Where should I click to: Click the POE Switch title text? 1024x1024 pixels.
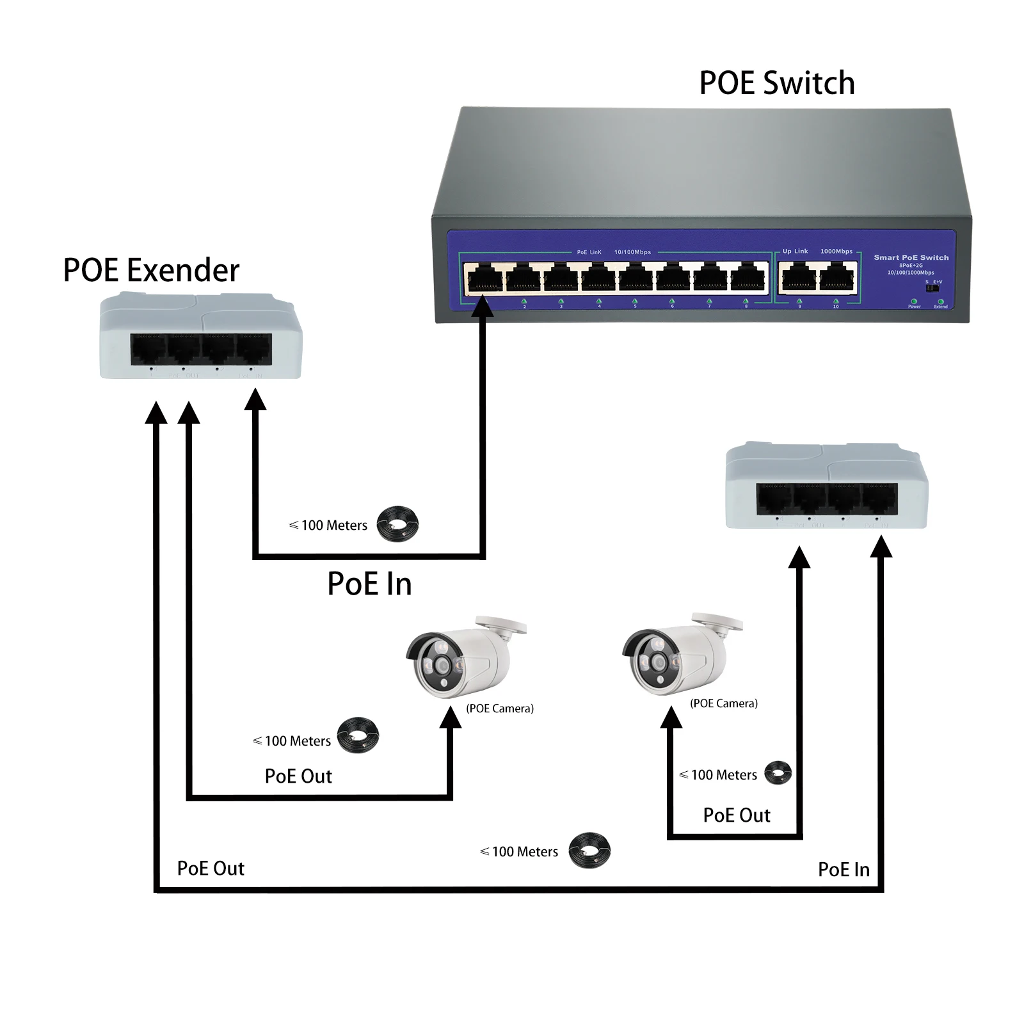(x=777, y=83)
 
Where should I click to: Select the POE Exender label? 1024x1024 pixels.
(x=151, y=270)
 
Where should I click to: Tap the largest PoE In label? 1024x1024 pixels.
(x=369, y=584)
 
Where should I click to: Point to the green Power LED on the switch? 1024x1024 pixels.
(x=914, y=301)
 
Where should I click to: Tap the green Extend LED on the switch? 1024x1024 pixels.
(x=940, y=301)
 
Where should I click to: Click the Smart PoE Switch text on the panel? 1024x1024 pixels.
(x=911, y=257)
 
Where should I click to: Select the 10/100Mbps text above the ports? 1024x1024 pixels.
(x=632, y=252)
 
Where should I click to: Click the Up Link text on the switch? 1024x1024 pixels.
(x=795, y=252)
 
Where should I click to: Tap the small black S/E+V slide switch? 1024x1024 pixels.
(x=932, y=288)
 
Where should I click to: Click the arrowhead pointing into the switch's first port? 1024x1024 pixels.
(x=482, y=307)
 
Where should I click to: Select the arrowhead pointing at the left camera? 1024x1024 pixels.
(x=451, y=719)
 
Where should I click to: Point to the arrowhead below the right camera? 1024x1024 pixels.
(x=671, y=717)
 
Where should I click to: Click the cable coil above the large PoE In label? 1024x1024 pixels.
(x=397, y=524)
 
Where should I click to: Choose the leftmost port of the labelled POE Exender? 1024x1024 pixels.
(x=148, y=349)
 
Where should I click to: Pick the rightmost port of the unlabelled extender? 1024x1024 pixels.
(x=879, y=499)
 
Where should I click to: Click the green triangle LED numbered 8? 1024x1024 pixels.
(x=746, y=301)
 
